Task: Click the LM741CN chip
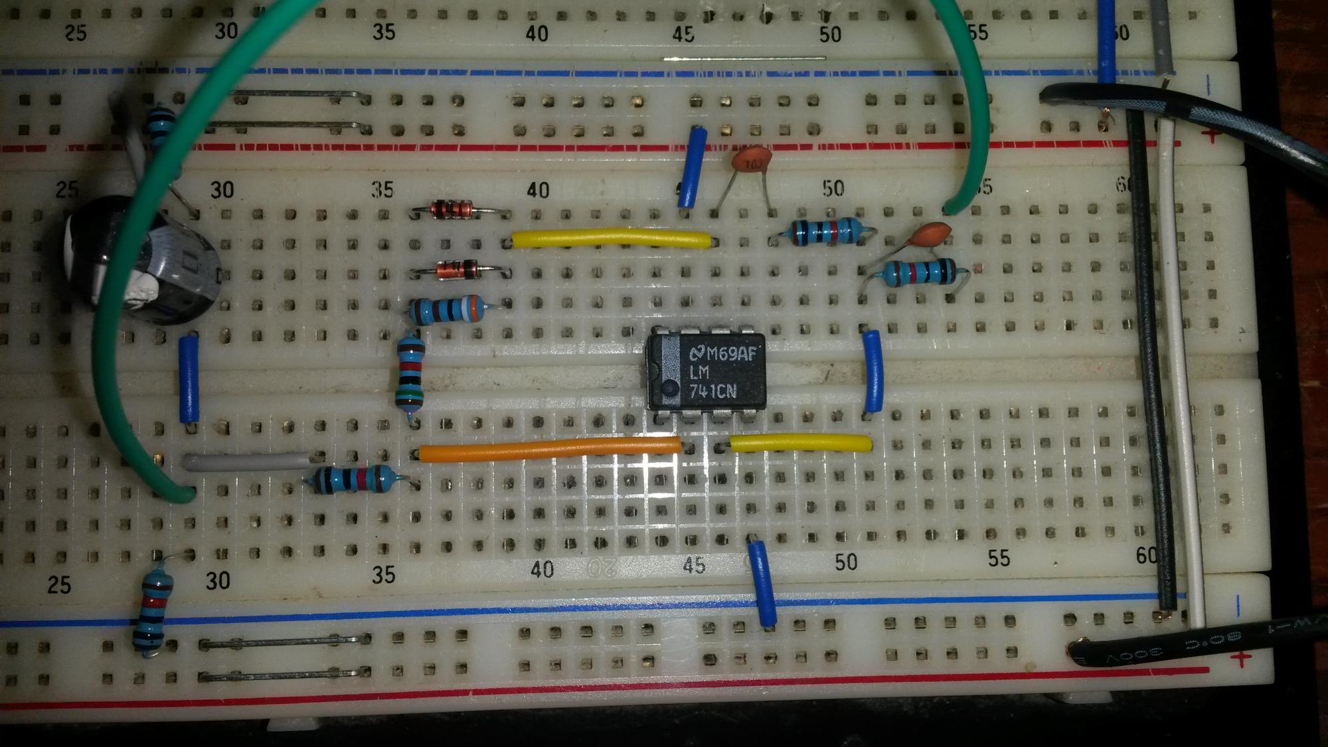tap(706, 372)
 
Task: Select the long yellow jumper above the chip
tap(611, 238)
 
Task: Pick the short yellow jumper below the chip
tap(801, 442)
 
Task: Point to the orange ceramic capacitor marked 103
tap(752, 161)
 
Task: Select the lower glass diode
tap(458, 270)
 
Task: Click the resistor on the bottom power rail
tap(153, 611)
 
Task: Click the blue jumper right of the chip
tap(872, 372)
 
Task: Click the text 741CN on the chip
tap(712, 392)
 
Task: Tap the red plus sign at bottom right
tap(1240, 659)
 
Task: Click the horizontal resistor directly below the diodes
tap(445, 310)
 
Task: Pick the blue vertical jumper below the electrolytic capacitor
tap(189, 378)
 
